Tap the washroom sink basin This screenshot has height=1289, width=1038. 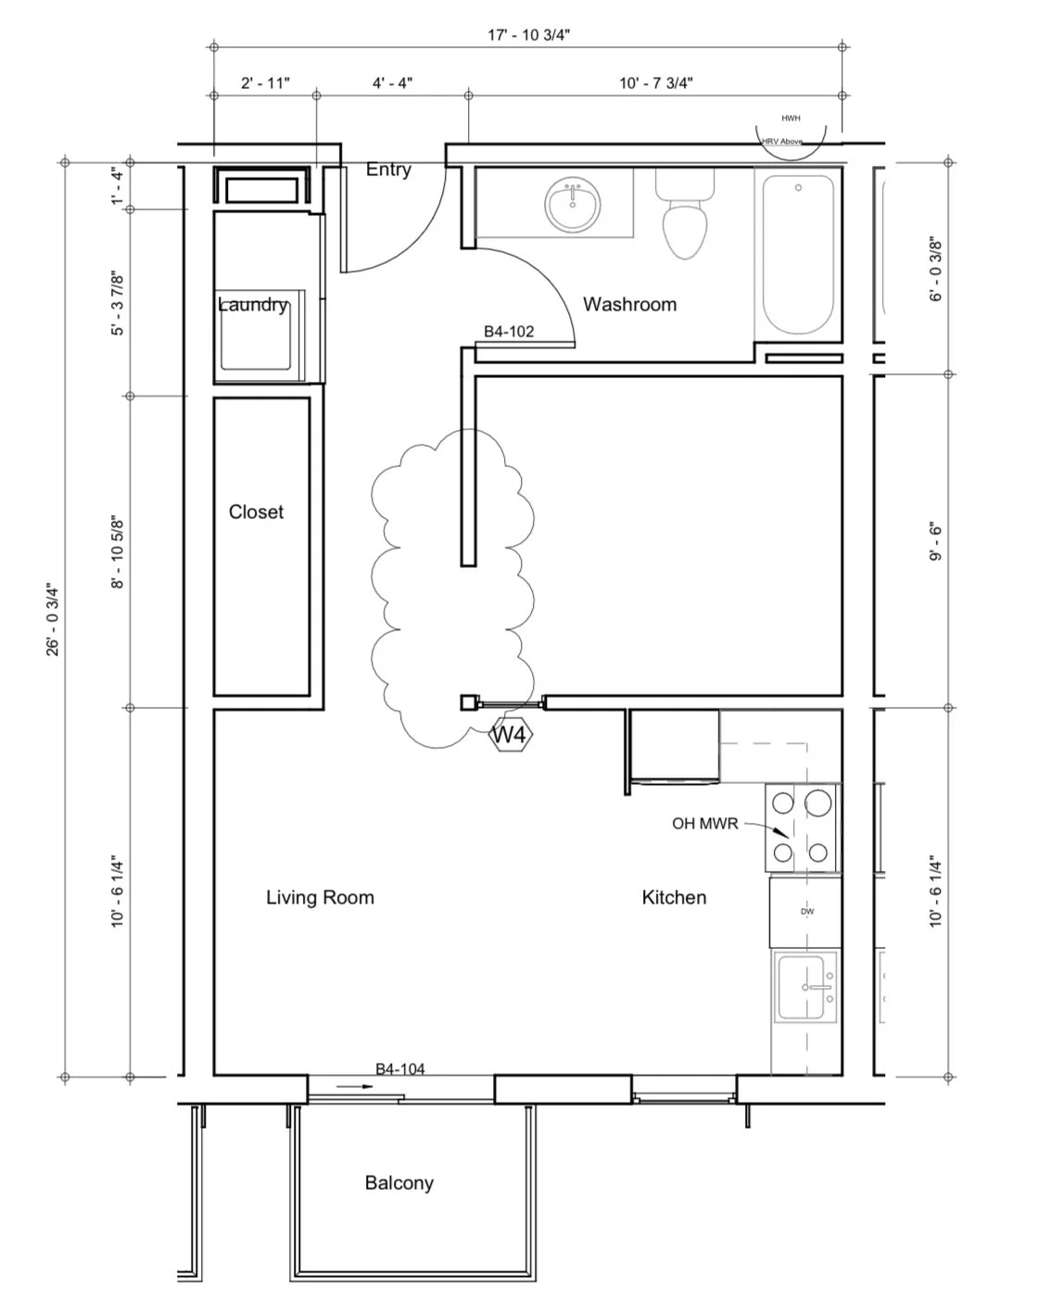pyautogui.click(x=572, y=206)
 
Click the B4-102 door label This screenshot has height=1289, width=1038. pyautogui.click(x=509, y=331)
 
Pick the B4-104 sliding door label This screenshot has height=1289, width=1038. pyautogui.click(x=400, y=1068)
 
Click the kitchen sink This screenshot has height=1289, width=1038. pyautogui.click(x=806, y=987)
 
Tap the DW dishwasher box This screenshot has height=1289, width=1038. pyautogui.click(x=806, y=912)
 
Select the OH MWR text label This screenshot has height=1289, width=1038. pyautogui.click(x=705, y=823)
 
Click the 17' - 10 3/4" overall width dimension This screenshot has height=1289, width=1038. pyautogui.click(x=528, y=35)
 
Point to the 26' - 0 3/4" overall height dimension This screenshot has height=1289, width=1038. pyautogui.click(x=53, y=620)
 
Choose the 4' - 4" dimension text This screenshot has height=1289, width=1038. pyautogui.click(x=393, y=82)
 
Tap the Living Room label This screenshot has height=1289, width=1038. pyautogui.click(x=320, y=897)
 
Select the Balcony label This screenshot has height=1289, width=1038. pyautogui.click(x=399, y=1182)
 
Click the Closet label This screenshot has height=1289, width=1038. pyautogui.click(x=256, y=512)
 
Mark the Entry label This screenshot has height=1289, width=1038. pyautogui.click(x=388, y=170)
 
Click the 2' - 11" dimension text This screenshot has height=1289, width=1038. pyautogui.click(x=265, y=82)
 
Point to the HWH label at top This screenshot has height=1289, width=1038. pyautogui.click(x=791, y=119)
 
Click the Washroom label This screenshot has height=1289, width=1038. pyautogui.click(x=629, y=304)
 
